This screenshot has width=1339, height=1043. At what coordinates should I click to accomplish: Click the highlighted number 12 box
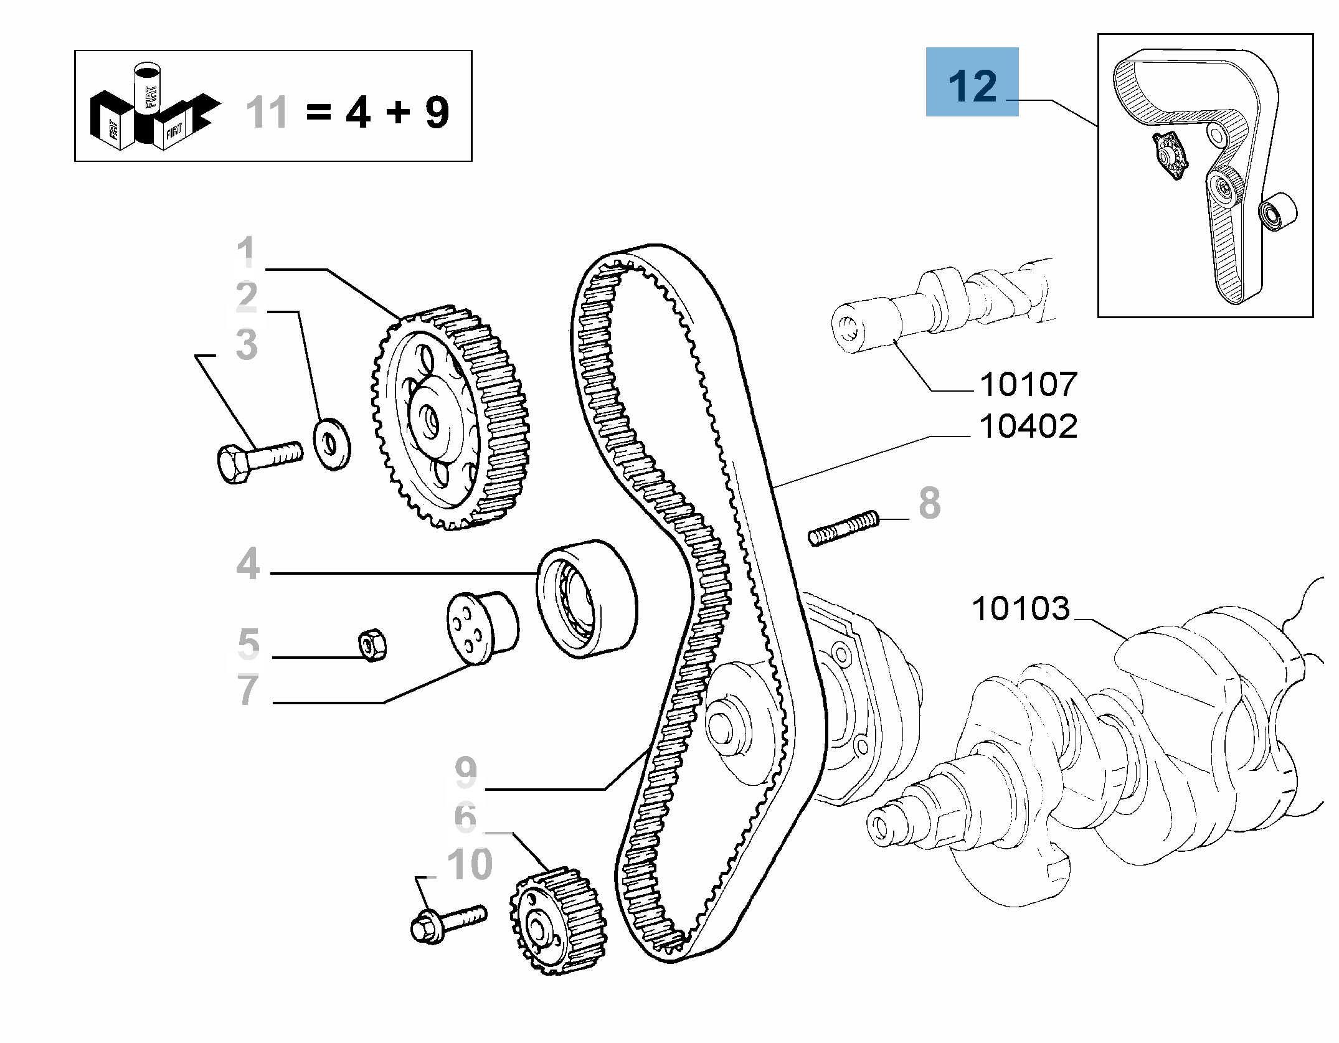(x=972, y=82)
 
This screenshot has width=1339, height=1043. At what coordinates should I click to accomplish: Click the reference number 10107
(x=1028, y=384)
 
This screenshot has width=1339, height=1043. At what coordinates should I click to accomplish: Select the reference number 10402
(x=1028, y=427)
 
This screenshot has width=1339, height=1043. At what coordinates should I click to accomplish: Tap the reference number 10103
(x=1020, y=608)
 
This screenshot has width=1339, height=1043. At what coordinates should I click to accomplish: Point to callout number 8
(x=929, y=503)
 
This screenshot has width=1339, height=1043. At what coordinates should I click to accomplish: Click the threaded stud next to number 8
(x=844, y=527)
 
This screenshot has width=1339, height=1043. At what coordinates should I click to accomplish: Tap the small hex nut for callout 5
(x=373, y=645)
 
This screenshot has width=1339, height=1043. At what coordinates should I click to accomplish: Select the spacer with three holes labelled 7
(x=481, y=628)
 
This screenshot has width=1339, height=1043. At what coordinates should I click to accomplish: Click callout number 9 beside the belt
(x=466, y=772)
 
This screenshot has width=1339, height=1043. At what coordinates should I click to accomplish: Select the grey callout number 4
(x=248, y=564)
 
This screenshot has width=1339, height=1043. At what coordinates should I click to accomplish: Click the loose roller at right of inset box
(x=1277, y=212)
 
